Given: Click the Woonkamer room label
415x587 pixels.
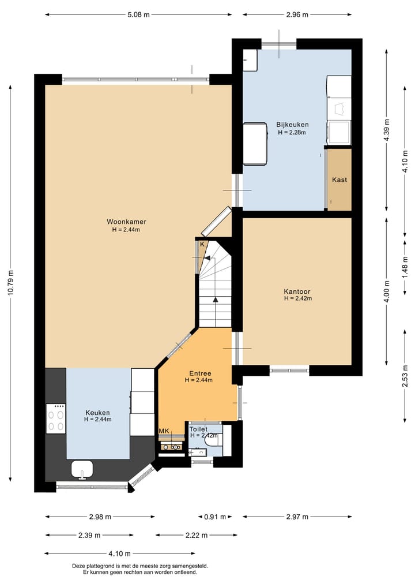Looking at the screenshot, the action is coord(126,222).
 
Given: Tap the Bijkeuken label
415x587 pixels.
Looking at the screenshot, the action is coord(292,125).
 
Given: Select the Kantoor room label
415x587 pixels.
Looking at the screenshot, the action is coord(297,291).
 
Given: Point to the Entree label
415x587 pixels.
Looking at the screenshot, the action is coord(200,373).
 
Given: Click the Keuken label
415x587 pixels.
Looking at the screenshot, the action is coord(97,413).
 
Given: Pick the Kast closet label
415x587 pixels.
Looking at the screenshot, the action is coord(339,180).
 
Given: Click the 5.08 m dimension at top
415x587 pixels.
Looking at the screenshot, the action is coord(138,14).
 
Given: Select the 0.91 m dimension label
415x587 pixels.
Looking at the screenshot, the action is coord(215,517).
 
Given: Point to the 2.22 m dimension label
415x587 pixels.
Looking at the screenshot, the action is coord(197,535).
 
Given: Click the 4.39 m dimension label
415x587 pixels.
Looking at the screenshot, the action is coord(387,130).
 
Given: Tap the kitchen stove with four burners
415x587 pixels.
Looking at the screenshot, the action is coord(56,418).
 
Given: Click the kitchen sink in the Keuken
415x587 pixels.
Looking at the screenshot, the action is coord(82,470).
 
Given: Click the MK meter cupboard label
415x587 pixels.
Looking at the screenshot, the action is coord(164,431).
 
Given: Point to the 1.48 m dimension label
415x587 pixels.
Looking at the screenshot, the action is coord(405,267).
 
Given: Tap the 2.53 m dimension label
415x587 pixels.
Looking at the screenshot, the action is coord(405,376).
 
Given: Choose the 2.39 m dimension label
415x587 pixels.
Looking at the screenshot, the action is coord(89,535).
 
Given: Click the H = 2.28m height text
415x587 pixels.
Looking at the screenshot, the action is coord(292,132).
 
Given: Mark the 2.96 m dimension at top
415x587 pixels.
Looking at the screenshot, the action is coord(297,14).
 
